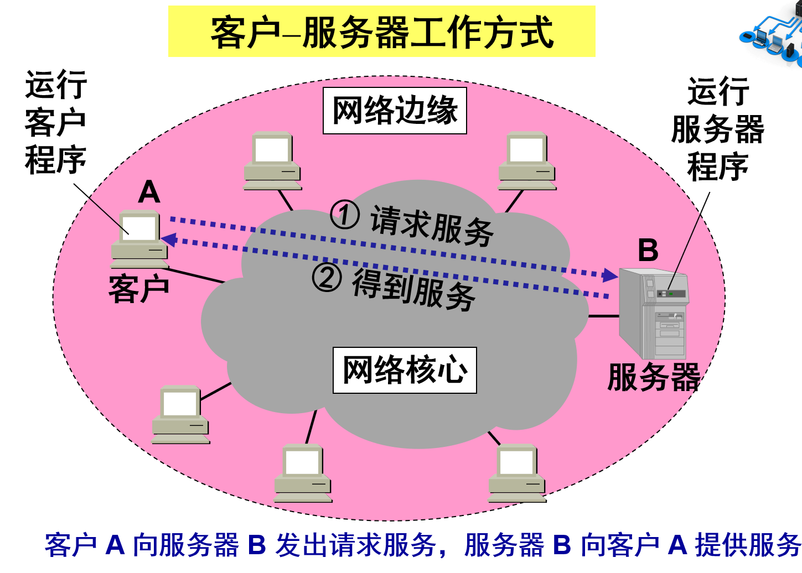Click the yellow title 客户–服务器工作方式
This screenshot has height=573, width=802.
click(x=381, y=32)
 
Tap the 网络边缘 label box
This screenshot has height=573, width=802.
click(x=395, y=111)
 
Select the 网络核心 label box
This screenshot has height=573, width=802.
click(x=405, y=370)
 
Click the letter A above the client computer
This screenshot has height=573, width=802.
click(x=149, y=192)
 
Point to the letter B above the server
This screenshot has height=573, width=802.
click(x=648, y=250)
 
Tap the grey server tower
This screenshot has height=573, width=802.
click(x=653, y=313)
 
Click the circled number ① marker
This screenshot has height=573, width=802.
click(x=345, y=215)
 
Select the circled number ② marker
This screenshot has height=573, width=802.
click(x=327, y=277)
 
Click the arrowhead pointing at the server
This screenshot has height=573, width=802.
click(x=610, y=275)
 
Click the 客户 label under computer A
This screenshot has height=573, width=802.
click(x=138, y=289)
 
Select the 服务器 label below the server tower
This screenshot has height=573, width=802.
click(x=654, y=378)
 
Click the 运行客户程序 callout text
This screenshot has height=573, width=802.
click(x=55, y=123)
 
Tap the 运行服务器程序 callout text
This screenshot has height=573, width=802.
click(x=717, y=129)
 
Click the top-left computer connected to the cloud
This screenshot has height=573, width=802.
click(x=272, y=160)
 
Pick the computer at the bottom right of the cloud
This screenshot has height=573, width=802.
click(x=517, y=473)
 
